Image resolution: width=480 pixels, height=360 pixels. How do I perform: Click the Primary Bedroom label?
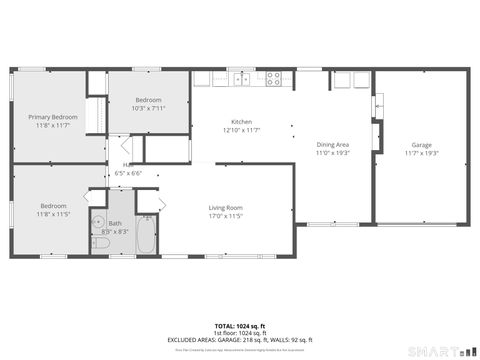(53, 117)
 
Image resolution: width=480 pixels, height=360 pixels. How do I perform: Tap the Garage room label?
(421, 144)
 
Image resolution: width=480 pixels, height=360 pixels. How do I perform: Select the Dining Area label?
(333, 145)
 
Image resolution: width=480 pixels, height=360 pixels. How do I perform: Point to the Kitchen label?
(241, 122)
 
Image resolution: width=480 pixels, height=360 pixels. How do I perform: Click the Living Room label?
(225, 207)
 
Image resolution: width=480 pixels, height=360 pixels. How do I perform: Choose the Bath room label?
(115, 223)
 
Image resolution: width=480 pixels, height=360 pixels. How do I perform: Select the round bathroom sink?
(98, 223)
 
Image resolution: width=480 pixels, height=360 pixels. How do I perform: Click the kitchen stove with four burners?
(272, 79)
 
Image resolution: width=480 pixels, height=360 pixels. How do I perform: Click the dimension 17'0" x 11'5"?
(225, 215)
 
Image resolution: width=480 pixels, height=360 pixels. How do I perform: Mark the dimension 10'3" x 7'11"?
(149, 108)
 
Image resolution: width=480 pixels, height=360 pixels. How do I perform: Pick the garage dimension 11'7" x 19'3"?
(421, 152)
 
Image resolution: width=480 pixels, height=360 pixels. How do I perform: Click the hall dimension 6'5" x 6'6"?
(129, 173)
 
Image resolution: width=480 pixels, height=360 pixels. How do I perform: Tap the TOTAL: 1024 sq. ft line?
(240, 326)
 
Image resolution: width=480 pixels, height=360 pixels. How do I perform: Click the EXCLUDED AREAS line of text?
(240, 340)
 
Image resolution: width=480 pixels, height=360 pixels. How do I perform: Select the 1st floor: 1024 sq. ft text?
(240, 333)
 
